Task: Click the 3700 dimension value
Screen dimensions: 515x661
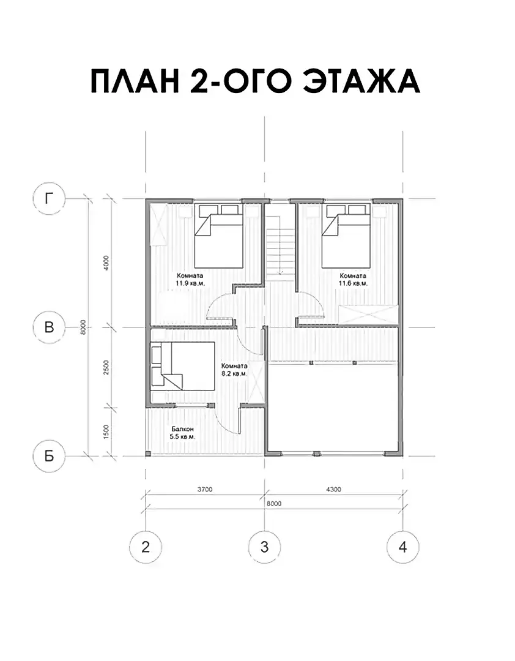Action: point(205,490)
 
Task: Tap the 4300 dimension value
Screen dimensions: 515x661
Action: point(333,490)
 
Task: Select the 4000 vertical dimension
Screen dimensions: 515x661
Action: point(106,263)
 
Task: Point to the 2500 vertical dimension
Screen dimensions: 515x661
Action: point(106,368)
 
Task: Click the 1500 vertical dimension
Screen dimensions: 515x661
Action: point(106,432)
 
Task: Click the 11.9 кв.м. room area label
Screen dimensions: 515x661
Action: point(190,283)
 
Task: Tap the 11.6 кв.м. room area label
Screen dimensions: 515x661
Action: point(353,283)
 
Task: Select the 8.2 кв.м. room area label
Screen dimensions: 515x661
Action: point(234,373)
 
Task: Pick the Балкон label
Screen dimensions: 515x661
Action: point(182,429)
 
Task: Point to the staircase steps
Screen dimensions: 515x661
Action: point(280,245)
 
